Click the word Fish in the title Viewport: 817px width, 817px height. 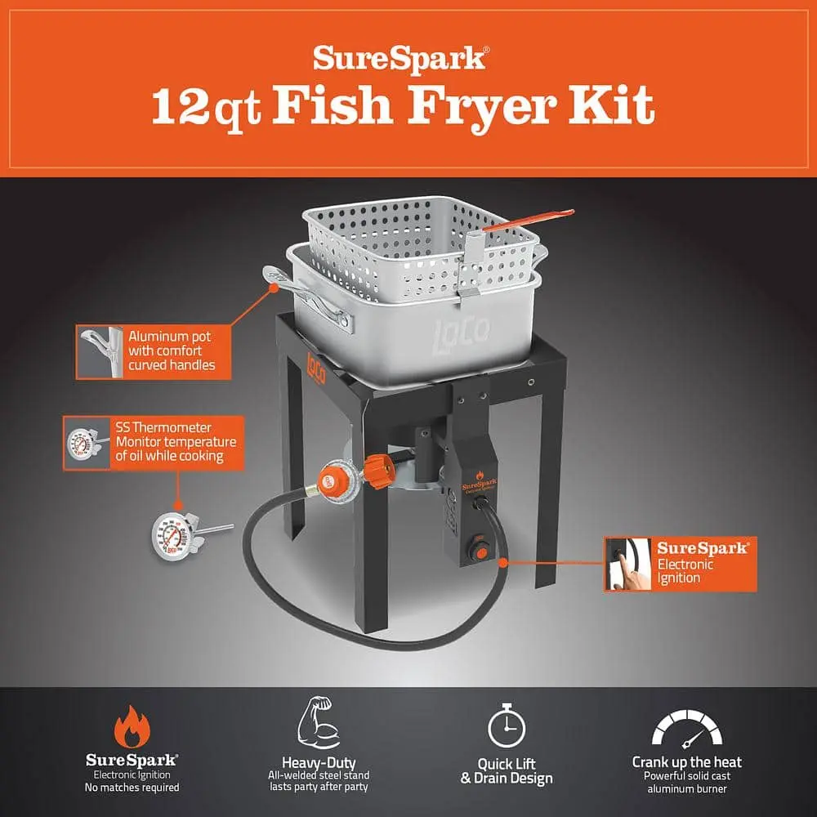click(x=332, y=105)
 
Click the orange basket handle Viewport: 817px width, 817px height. click(x=528, y=219)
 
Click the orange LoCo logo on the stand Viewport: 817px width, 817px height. click(x=316, y=368)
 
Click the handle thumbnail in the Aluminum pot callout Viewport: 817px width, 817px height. click(x=100, y=351)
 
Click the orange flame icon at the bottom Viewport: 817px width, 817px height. click(x=132, y=727)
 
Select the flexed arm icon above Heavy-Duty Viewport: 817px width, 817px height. click(x=319, y=723)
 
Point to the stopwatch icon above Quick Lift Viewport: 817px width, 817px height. click(x=507, y=725)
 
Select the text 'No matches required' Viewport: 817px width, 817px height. click(x=132, y=788)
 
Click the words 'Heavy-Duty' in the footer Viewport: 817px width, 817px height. click(x=319, y=763)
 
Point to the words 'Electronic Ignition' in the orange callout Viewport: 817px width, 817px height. click(x=685, y=571)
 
